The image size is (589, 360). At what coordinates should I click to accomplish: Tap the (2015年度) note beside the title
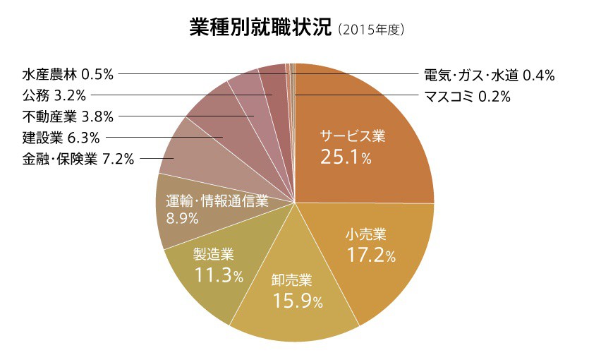(371, 30)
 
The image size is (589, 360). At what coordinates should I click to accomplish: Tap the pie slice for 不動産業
(245, 95)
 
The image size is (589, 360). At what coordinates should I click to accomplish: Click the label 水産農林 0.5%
(68, 73)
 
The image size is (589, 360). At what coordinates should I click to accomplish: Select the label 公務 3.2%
(54, 94)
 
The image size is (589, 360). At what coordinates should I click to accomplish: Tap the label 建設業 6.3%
(61, 137)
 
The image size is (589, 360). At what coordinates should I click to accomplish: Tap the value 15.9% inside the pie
(297, 301)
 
